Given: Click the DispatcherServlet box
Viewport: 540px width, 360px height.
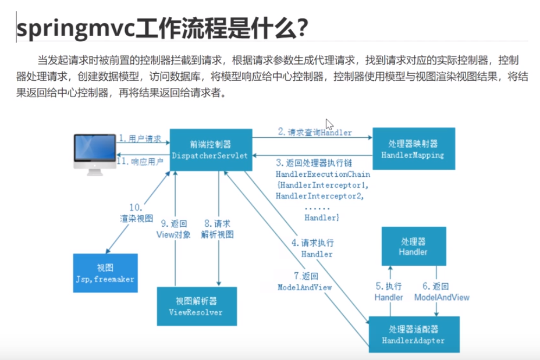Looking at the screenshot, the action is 211,149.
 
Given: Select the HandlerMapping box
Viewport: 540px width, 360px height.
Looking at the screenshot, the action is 414,149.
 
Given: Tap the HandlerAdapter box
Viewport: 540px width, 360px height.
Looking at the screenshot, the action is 414,334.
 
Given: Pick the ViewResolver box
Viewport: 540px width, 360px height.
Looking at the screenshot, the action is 197,306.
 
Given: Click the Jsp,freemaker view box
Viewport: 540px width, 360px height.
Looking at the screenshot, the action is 105,273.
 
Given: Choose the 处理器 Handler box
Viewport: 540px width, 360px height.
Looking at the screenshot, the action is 414,246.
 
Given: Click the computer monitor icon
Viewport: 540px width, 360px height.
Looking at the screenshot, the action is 95,155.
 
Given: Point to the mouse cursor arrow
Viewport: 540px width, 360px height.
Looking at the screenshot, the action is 329,124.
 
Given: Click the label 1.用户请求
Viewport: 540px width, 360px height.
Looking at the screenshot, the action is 140,138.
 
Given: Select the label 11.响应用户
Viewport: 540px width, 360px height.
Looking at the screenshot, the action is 140,162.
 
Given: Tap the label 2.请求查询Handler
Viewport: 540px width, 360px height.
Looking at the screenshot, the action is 315,132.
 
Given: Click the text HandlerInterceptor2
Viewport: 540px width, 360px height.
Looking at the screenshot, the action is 320,196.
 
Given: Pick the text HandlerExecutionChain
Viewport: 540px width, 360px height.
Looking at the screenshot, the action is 323,174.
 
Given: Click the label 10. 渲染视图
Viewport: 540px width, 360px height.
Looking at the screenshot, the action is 136,213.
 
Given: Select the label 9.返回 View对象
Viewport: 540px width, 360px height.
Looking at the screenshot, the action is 173,229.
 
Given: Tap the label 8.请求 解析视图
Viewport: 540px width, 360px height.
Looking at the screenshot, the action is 217,229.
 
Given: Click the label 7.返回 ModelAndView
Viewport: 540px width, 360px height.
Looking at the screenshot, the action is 305,281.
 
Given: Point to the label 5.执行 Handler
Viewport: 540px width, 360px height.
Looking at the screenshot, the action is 389,291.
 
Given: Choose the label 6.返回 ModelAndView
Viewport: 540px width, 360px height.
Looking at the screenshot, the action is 442,291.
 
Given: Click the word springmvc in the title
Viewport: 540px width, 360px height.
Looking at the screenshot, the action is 76,28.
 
